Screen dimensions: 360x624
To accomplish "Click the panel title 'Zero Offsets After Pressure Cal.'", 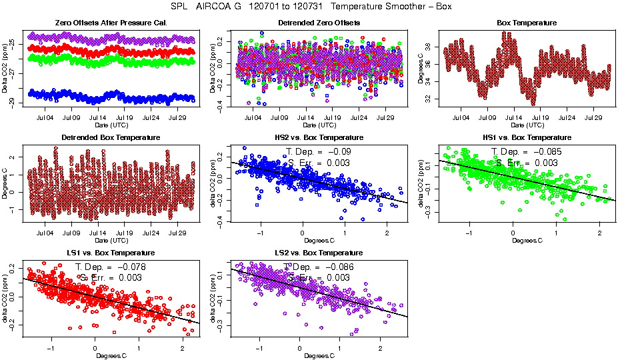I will [111, 23].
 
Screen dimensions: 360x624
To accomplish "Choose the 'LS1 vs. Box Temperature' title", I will [111, 253].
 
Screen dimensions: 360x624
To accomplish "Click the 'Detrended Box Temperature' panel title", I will [111, 137].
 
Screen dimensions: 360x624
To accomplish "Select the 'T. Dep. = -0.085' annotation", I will [527, 151].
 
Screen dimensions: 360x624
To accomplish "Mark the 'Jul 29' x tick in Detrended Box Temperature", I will [177, 233].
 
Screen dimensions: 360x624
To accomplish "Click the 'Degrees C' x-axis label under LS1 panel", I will [111, 355].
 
